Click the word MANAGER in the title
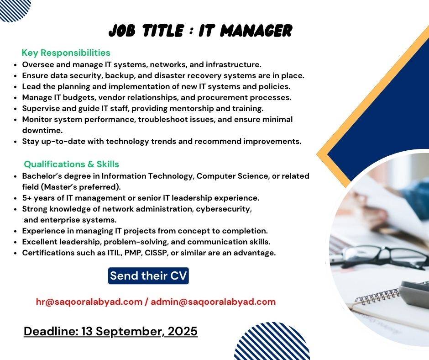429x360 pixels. coord(256,31)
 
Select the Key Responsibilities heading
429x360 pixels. coord(66,53)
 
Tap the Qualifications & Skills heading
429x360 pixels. coord(71,164)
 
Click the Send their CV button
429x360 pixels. coord(148,275)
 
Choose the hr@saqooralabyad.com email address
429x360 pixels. coord(89,302)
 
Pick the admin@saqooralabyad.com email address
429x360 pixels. coord(213,302)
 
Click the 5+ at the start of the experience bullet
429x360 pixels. coord(27,198)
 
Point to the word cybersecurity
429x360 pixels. coord(224,209)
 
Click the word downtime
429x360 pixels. coord(42,130)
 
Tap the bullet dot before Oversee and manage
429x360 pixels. coord(16,65)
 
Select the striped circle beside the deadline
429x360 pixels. coord(272,342)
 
